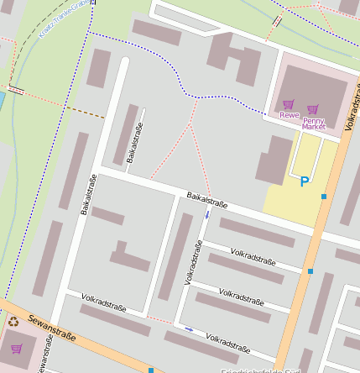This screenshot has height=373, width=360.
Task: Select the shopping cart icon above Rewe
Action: pos(288,104)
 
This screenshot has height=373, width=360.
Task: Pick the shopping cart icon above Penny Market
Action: pos(313,109)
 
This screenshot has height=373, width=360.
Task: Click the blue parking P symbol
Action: pos(304,181)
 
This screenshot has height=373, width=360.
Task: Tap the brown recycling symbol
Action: pos(13,320)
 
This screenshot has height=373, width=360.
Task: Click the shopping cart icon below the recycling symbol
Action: pos(16,347)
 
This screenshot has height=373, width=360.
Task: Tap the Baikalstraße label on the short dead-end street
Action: pos(134,142)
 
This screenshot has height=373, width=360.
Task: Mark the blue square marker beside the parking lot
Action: pos(323,196)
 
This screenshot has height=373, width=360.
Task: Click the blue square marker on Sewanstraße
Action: pos(150,370)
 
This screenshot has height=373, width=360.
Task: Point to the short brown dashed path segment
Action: pos(85,113)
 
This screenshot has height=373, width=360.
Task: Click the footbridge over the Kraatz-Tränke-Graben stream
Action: pos(16,89)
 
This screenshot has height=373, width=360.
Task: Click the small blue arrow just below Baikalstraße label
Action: pos(207,215)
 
